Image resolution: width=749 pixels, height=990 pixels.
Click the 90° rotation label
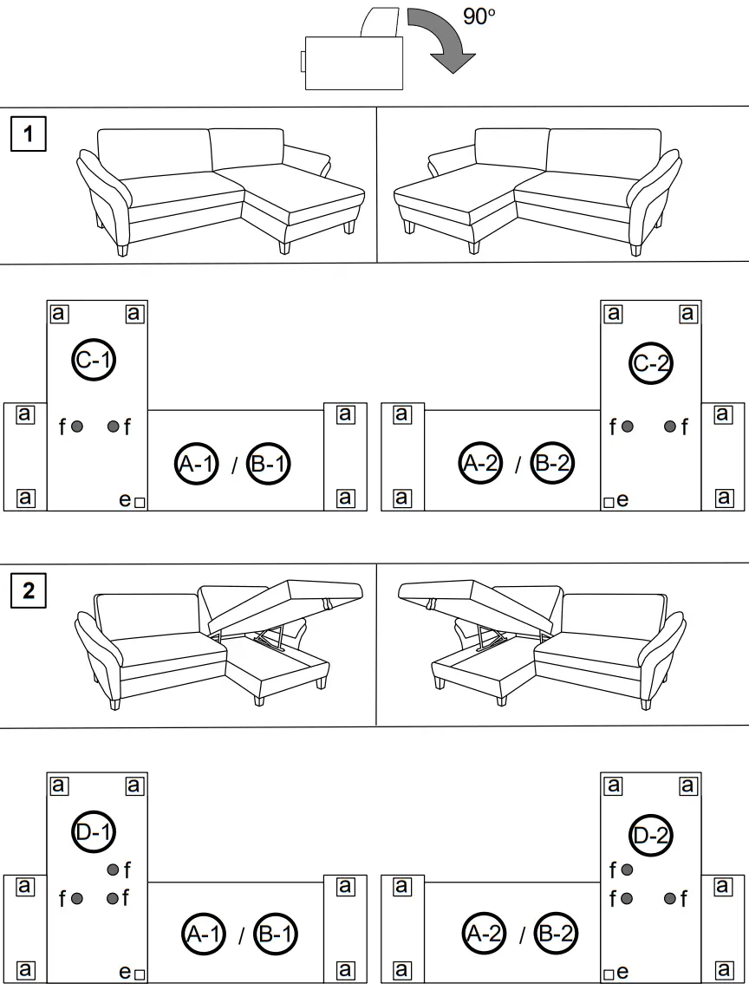(479, 16)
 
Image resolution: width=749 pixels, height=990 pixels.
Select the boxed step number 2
(29, 590)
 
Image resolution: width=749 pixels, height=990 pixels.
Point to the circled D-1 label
(94, 833)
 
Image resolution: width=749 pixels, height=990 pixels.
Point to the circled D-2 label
(651, 836)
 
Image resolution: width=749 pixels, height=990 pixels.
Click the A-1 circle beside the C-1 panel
(196, 464)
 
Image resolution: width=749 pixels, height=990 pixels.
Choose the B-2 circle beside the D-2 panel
(556, 935)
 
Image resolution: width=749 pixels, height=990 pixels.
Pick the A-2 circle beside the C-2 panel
(480, 464)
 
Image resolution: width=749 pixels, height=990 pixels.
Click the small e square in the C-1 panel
(140, 501)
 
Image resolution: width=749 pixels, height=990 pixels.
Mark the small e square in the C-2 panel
(609, 502)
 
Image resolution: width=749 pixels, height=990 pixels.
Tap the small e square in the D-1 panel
(140, 974)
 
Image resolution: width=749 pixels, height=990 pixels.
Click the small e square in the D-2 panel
(609, 974)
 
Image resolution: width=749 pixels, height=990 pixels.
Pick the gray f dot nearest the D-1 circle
(113, 870)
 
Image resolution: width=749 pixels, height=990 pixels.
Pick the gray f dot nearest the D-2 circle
(627, 870)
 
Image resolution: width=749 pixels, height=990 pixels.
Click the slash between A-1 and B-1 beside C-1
(233, 466)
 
